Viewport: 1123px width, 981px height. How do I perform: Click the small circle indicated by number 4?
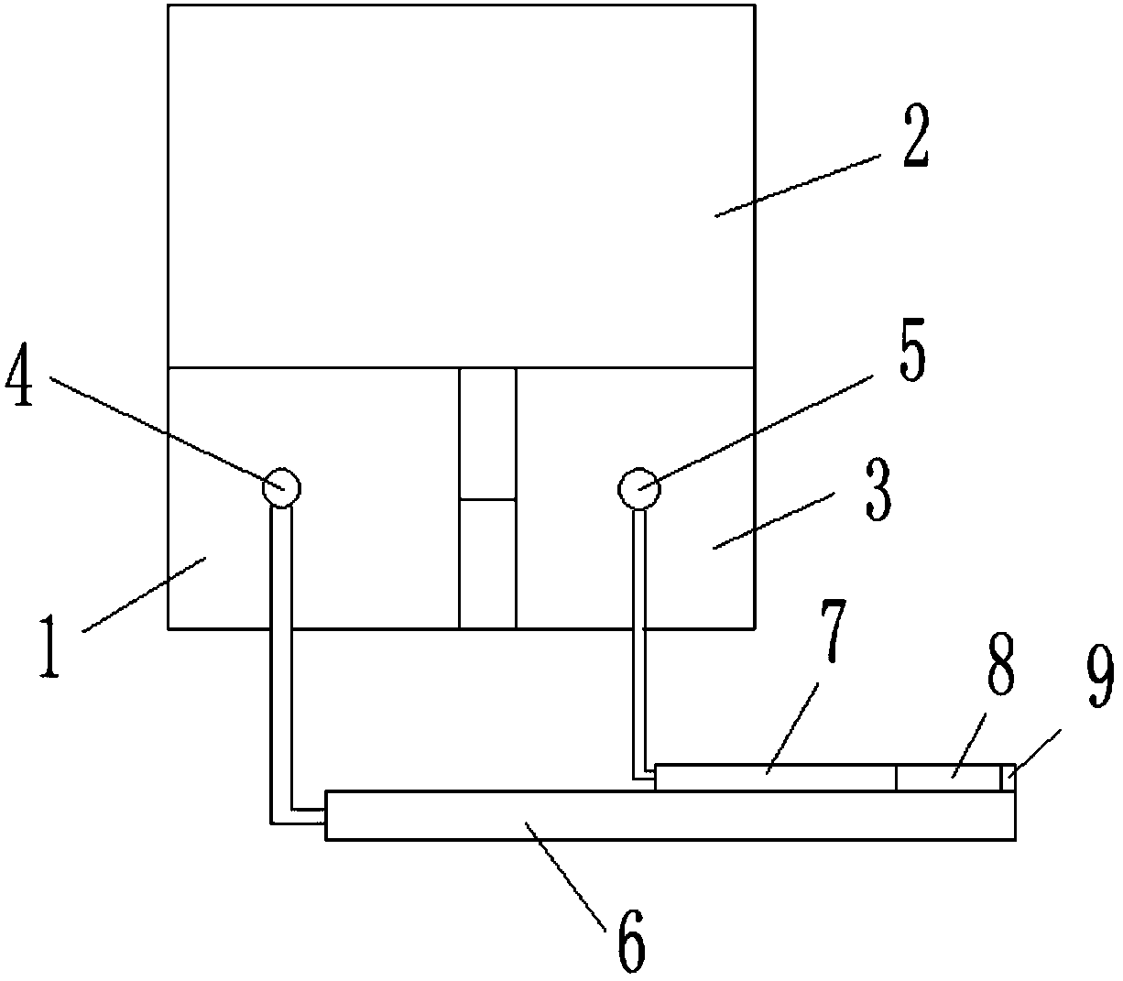coord(280,487)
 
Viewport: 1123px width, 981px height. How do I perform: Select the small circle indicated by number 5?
coord(638,486)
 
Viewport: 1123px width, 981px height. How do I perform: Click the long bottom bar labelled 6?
coord(670,816)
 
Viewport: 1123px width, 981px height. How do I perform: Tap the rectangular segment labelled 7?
coord(774,778)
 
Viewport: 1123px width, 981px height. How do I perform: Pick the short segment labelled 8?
coord(947,778)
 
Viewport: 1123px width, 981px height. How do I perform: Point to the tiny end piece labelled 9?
coord(1008,778)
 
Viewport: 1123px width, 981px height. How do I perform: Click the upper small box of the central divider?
coord(487,433)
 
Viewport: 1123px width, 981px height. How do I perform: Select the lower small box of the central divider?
coord(487,563)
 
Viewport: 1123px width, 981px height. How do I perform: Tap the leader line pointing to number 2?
coord(797,187)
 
